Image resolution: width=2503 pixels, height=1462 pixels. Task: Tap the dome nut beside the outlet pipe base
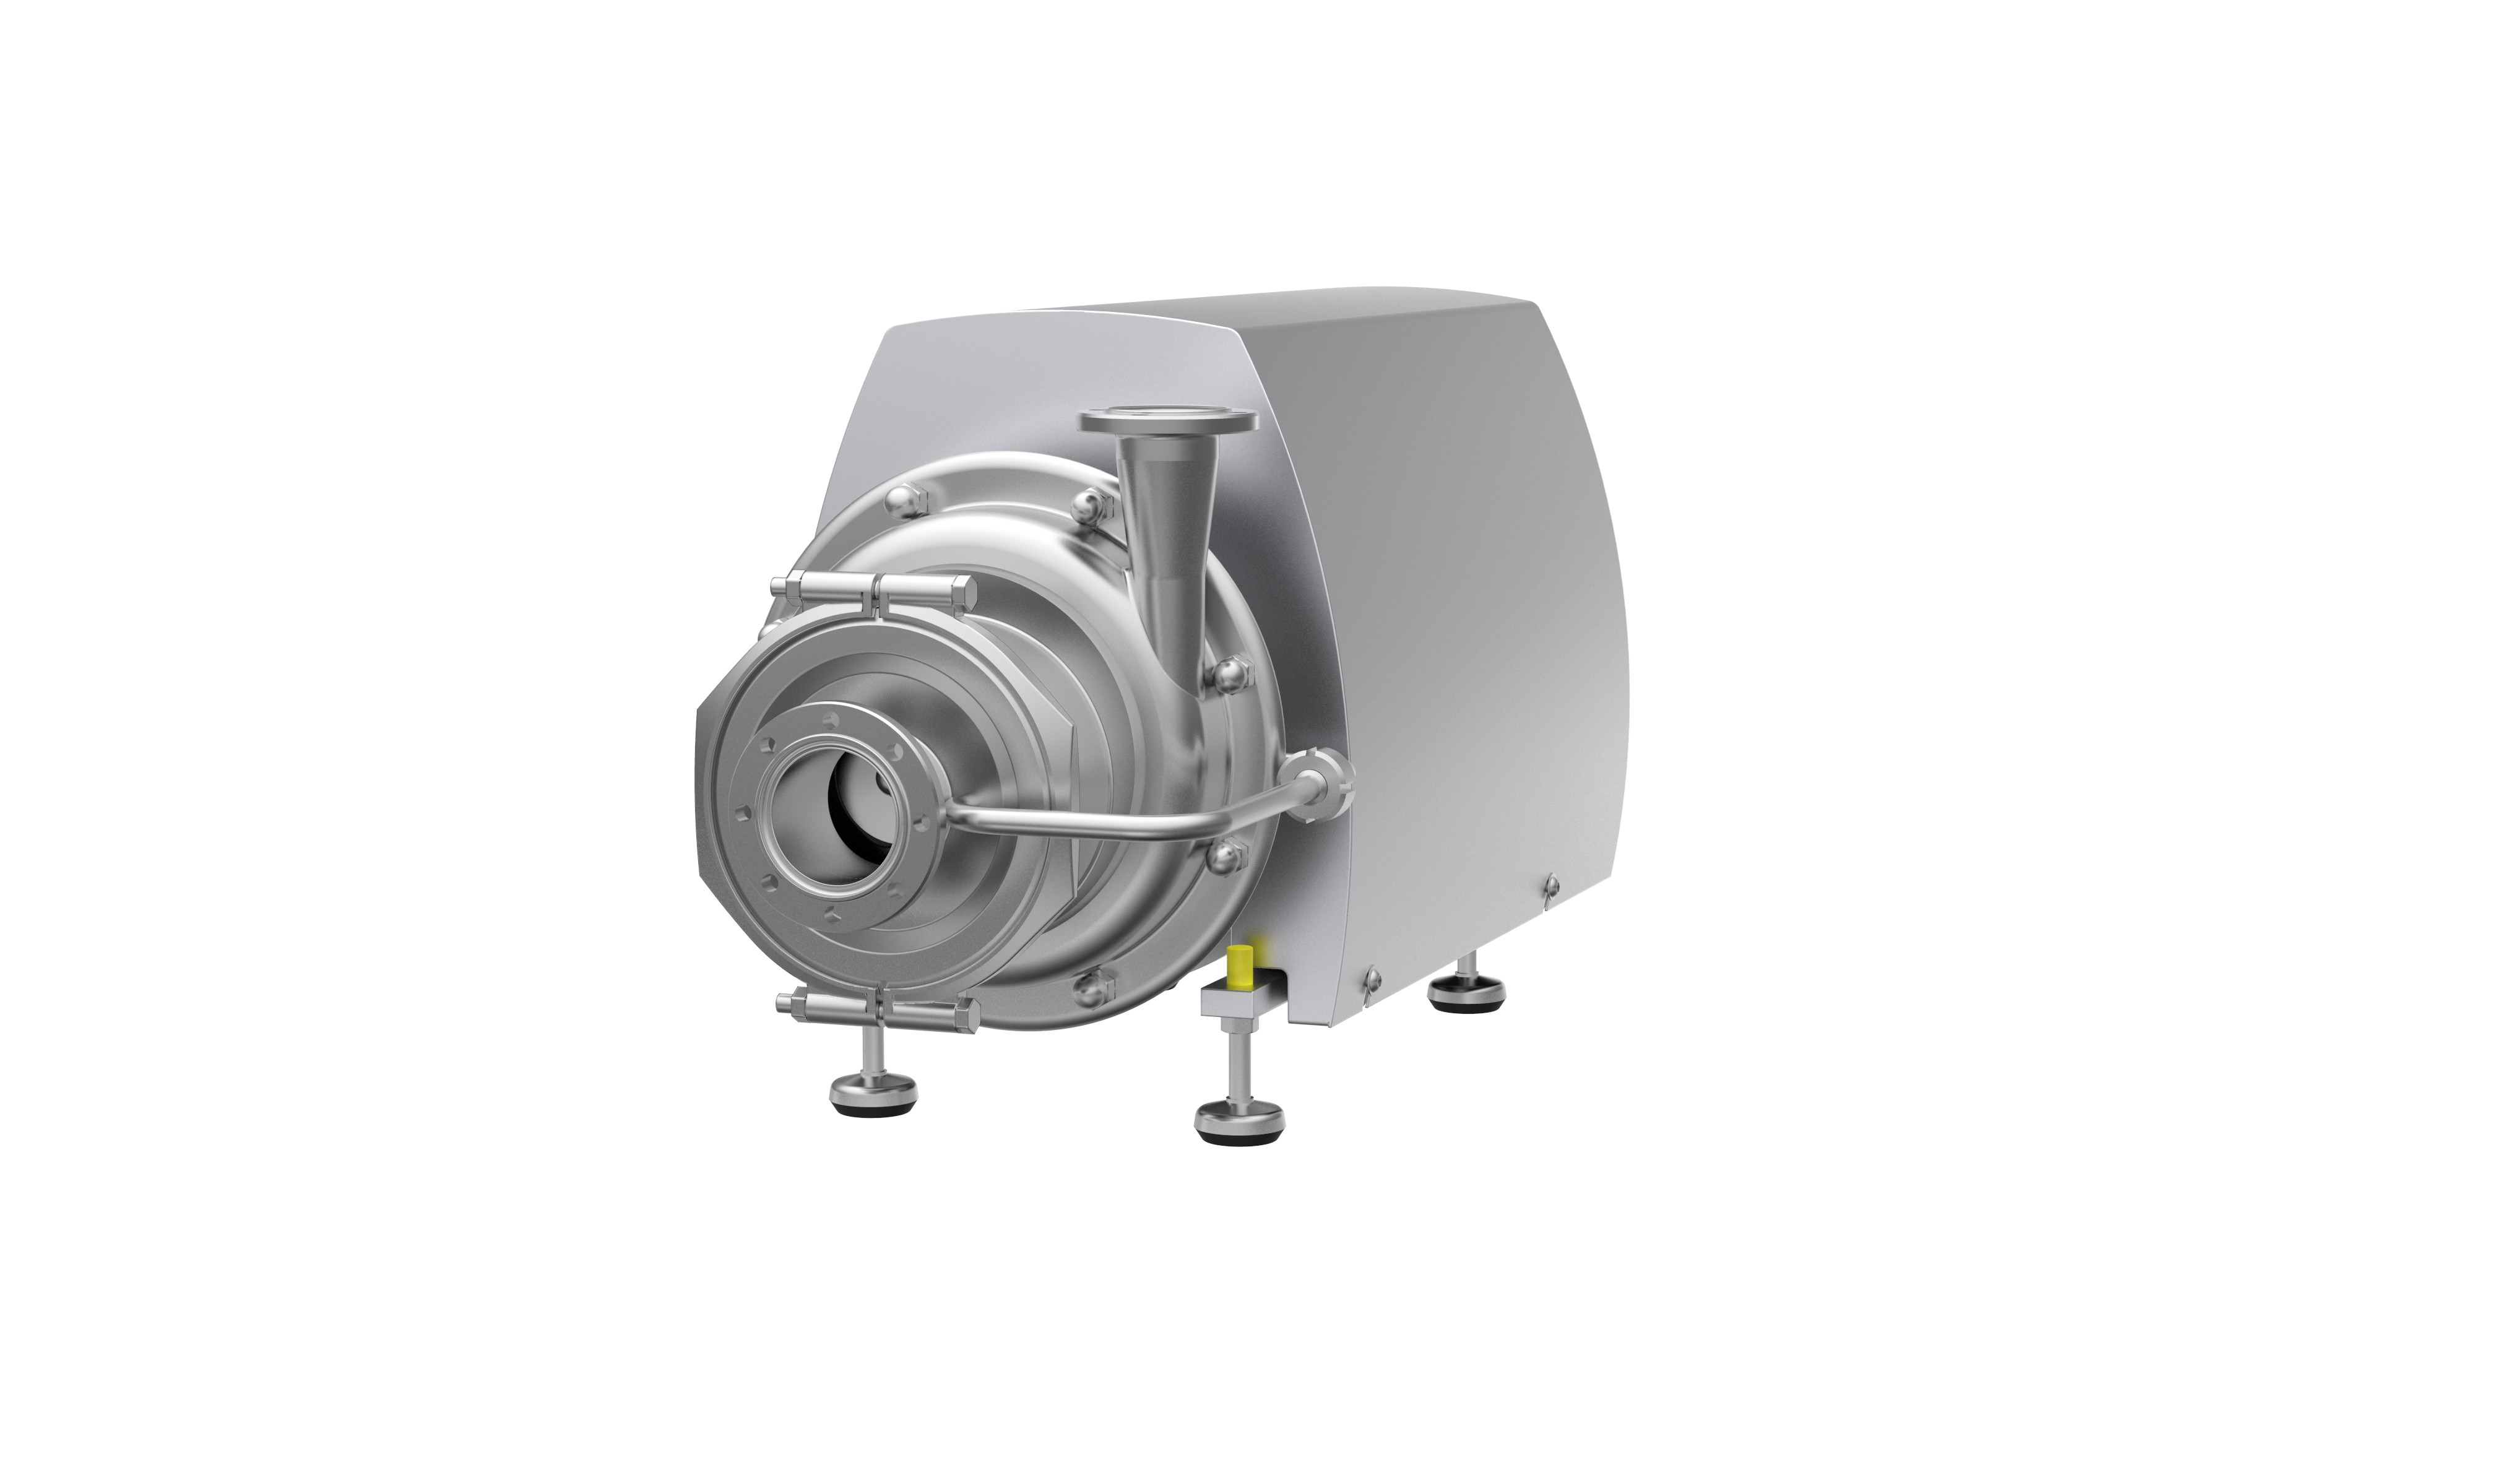(1089, 504)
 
